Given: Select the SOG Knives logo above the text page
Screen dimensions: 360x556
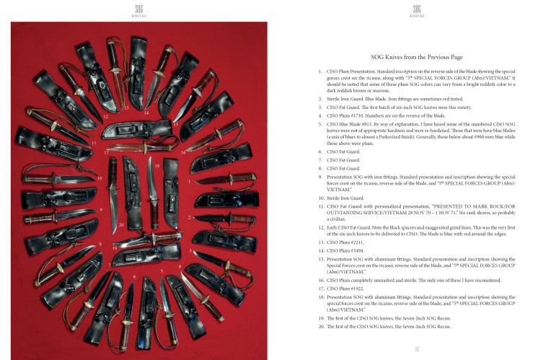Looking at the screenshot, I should [x=417, y=9].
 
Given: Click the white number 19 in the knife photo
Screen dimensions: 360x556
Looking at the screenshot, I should [x=156, y=166].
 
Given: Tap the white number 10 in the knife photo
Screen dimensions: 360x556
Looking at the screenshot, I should [x=100, y=177].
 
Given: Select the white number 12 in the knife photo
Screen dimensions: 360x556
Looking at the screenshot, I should [x=105, y=115].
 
